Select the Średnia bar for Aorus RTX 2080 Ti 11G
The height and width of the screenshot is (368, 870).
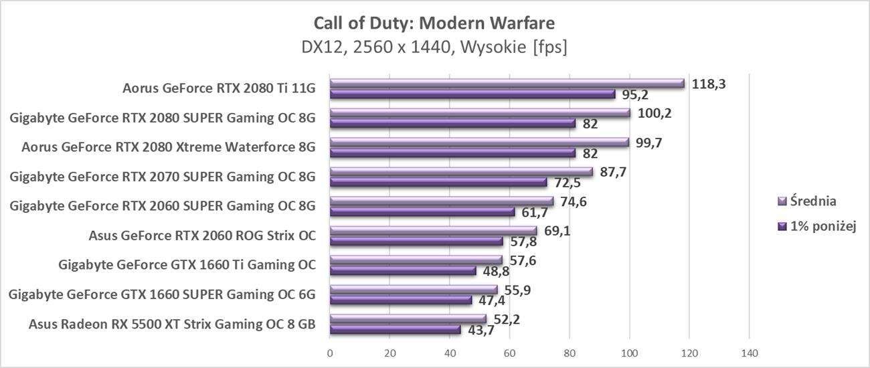coord(507,84)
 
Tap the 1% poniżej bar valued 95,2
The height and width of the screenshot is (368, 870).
coord(472,94)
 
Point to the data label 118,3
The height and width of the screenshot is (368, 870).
coord(709,84)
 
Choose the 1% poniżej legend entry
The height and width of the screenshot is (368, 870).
coord(817,227)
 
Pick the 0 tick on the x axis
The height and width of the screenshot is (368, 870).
coord(330,353)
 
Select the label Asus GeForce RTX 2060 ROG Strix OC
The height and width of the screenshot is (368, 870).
coord(202,236)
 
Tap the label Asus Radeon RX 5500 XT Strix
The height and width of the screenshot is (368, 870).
coord(172,325)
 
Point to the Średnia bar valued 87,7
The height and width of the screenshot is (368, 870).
coord(461,172)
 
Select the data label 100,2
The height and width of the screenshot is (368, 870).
coord(655,114)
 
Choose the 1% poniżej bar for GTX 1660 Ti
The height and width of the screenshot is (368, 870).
coord(403,271)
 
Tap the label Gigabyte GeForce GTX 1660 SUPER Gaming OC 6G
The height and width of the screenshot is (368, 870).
coord(162,294)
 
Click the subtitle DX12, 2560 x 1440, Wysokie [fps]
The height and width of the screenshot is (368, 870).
coord(434,48)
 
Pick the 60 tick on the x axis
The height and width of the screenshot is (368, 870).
coord(509,353)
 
